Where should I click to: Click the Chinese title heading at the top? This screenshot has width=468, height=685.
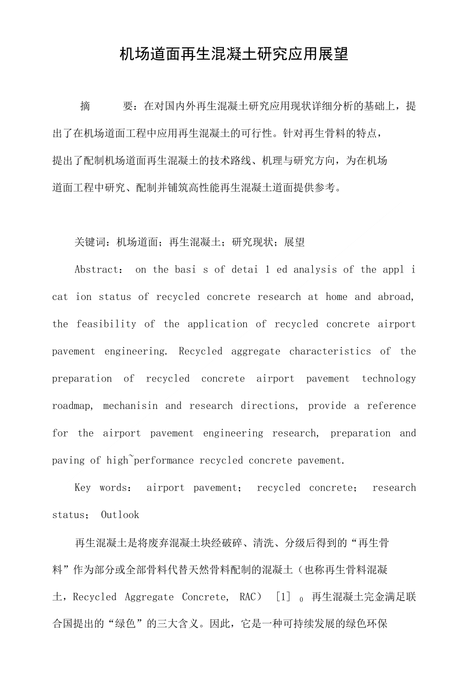233,54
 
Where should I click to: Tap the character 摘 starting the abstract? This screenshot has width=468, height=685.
85,106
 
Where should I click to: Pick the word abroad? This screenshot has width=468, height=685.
396,297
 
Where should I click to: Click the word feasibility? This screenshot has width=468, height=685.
106,324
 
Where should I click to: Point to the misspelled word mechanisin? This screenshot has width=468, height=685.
130,406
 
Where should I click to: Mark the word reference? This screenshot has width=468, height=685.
391,406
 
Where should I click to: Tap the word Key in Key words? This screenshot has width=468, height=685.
82,488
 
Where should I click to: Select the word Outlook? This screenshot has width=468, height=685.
120,515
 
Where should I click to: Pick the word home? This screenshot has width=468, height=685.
337,297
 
